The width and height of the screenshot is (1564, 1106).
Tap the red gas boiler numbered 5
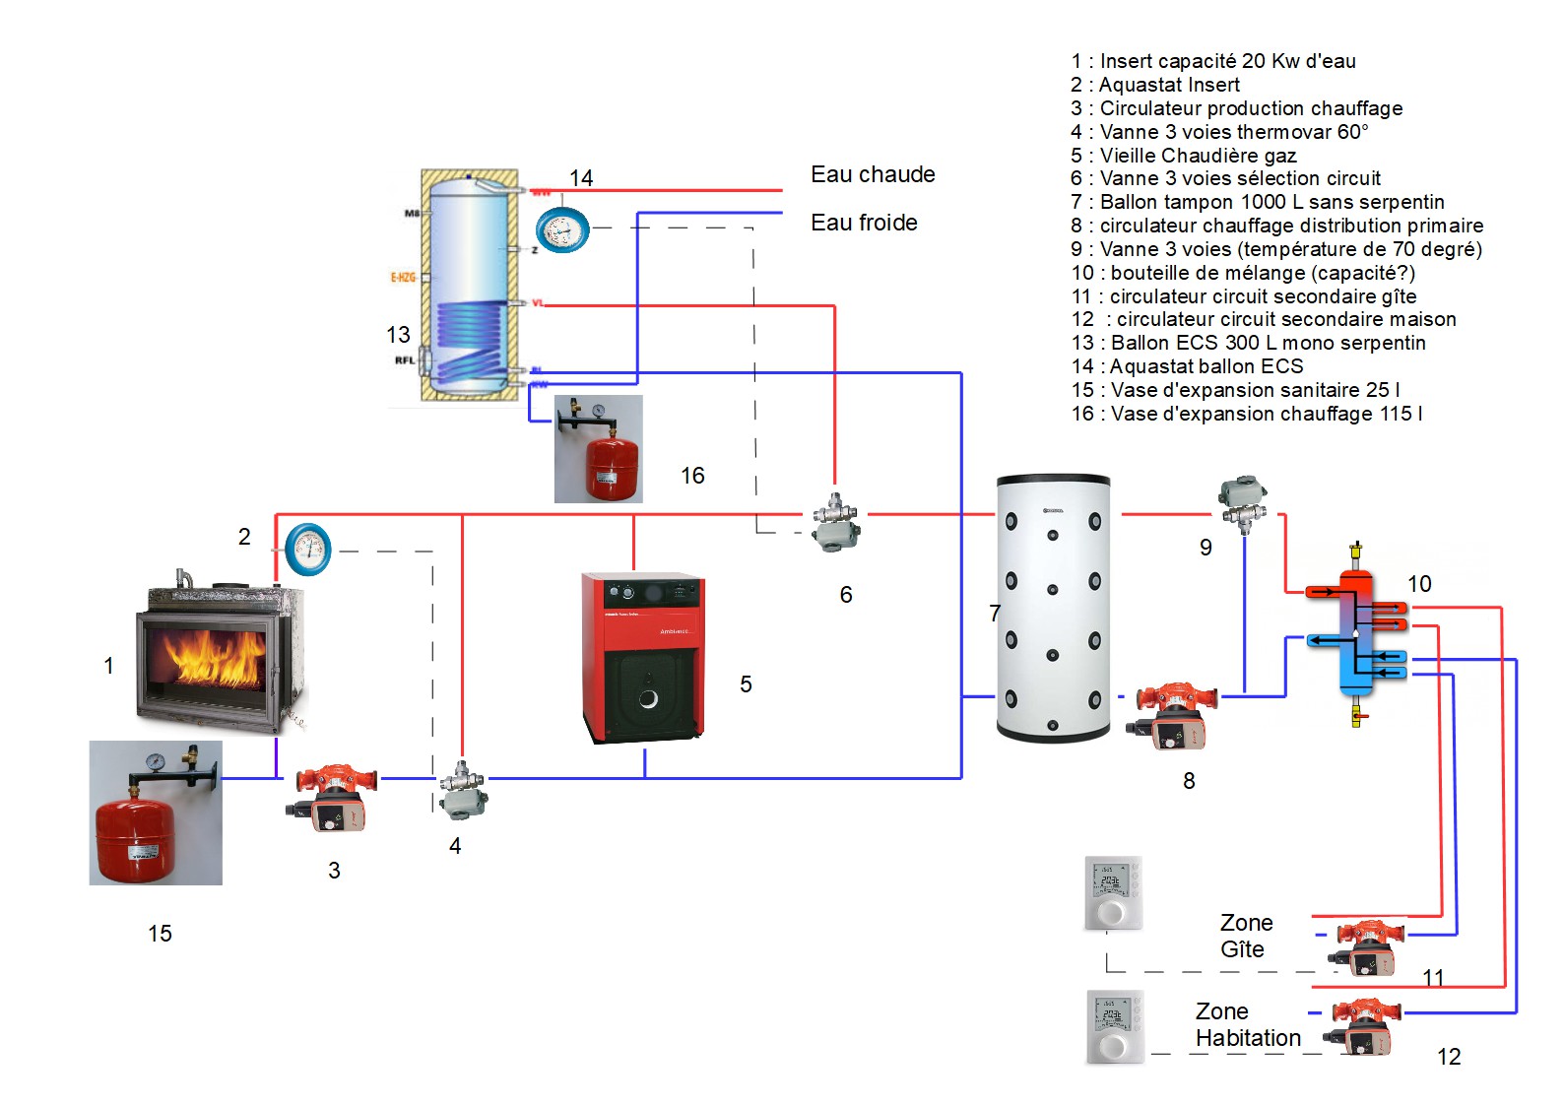tap(643, 657)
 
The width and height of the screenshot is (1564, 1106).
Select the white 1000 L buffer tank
tap(1053, 608)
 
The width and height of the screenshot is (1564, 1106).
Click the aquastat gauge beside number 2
tap(308, 550)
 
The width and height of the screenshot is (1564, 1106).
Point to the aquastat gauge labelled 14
tap(561, 230)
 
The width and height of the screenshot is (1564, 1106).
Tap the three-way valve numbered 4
tap(461, 789)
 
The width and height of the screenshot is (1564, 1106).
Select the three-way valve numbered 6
tap(836, 522)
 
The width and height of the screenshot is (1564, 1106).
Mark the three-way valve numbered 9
tap(1243, 503)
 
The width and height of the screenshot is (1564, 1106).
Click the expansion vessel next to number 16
tap(599, 449)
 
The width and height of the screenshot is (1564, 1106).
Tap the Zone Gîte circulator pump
tap(1365, 945)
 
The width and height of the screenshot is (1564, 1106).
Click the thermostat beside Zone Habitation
tap(1114, 1025)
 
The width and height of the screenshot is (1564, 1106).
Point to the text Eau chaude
tap(873, 174)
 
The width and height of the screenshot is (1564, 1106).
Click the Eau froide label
tap(864, 223)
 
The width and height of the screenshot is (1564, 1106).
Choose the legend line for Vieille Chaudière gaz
tap(1184, 156)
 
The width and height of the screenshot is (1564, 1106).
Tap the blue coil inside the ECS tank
tap(470, 340)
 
